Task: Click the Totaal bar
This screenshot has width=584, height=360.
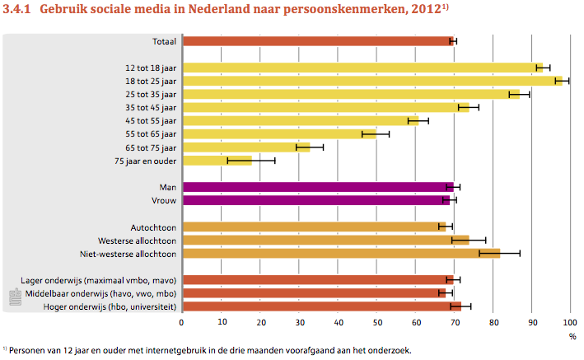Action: coord(317,40)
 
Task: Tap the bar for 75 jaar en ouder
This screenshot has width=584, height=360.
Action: coord(217,161)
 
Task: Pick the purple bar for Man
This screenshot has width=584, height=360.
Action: coord(317,187)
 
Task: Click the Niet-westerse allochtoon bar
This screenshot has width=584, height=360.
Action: coord(341,253)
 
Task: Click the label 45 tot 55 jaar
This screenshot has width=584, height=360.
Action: coord(151,120)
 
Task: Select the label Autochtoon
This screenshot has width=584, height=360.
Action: coord(154,227)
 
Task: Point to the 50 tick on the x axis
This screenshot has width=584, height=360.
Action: coord(376,323)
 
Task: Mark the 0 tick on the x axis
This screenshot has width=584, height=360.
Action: coord(182,323)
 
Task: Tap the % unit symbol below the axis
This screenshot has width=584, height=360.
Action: coord(572,336)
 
